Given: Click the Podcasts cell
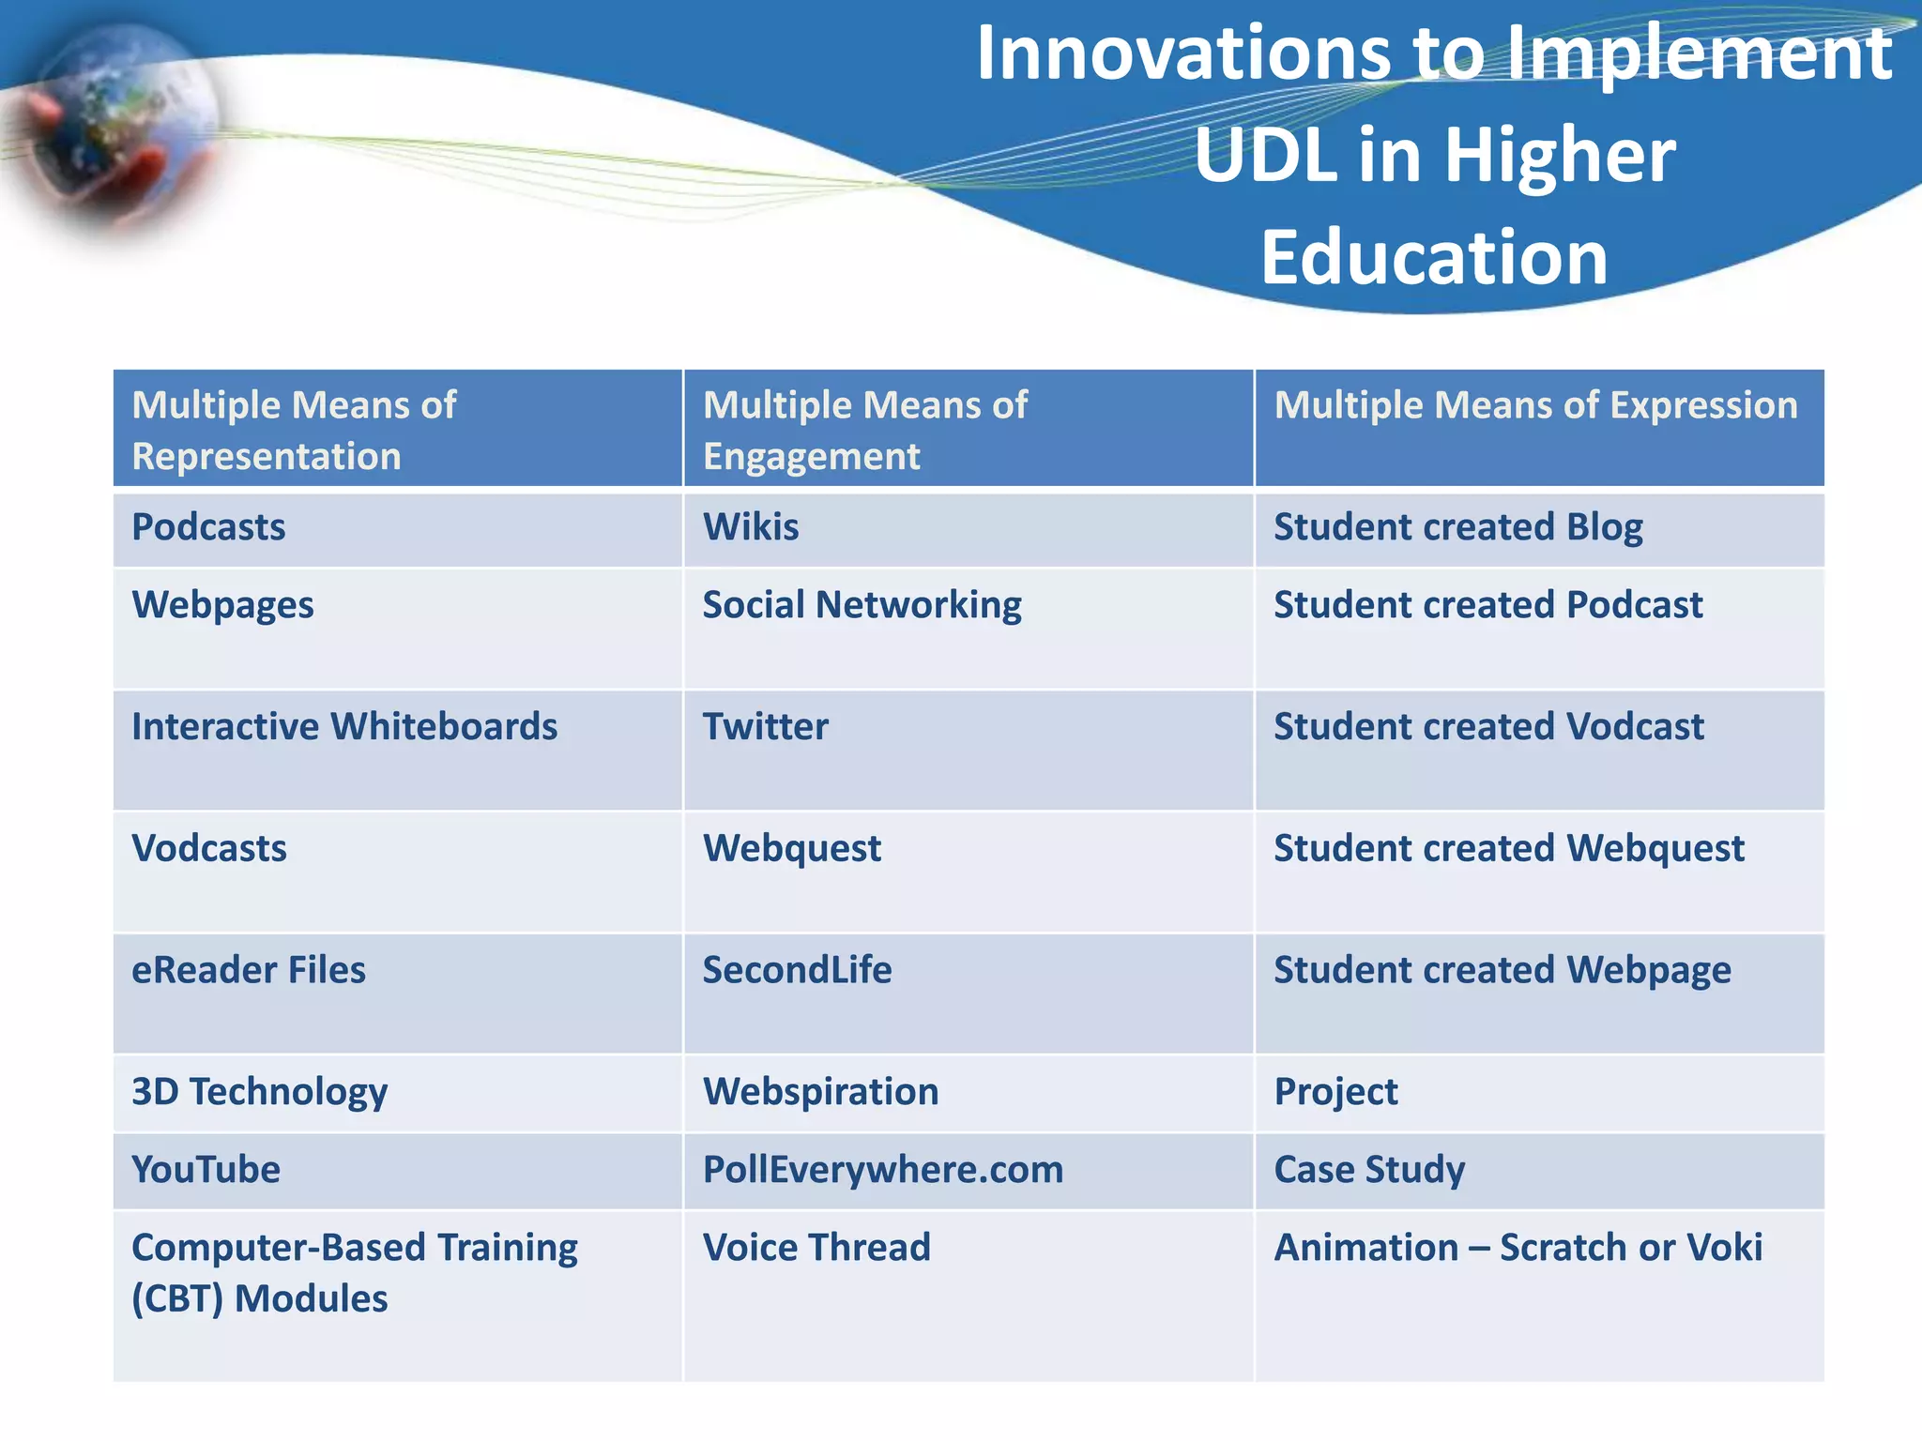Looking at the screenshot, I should click(208, 527).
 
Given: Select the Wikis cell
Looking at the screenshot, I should click(751, 527).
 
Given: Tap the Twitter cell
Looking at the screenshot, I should click(766, 727).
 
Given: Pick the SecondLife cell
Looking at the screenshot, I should click(797, 970).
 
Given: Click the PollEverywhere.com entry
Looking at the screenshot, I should click(882, 1170).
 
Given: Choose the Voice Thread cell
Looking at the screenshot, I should click(816, 1248).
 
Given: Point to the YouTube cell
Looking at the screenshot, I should click(206, 1170).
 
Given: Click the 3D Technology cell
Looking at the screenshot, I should click(259, 1092).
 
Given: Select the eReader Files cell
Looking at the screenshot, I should click(249, 970).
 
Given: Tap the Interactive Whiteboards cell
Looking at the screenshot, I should click(344, 727).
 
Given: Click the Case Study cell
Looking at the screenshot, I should click(1369, 1170).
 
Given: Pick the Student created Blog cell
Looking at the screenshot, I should click(1457, 527).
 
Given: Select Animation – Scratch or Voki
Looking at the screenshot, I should click(1518, 1248).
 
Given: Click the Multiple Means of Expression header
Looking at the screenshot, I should click(1535, 405).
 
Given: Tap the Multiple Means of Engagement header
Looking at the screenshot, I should click(865, 430).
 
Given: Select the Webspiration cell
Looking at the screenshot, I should click(820, 1092).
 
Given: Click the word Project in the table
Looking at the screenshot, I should click(1335, 1092).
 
